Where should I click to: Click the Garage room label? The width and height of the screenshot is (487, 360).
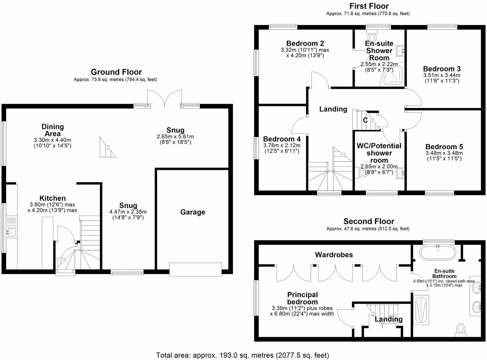click(193, 212)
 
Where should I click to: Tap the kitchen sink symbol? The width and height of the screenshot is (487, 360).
click(12, 232)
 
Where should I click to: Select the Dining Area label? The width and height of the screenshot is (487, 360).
click(52, 130)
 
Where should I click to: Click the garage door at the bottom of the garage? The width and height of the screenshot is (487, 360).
click(196, 269)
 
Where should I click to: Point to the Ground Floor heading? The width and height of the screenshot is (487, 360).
click(116, 72)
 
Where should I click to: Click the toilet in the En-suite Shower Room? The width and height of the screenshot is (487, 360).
click(373, 33)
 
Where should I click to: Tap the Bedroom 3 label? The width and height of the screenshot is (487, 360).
click(442, 69)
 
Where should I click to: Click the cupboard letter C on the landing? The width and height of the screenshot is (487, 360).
click(365, 120)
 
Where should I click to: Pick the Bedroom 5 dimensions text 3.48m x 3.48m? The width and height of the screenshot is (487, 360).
click(444, 153)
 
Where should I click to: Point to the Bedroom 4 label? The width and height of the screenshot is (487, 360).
click(282, 139)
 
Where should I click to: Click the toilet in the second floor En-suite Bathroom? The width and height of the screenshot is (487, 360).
click(460, 329)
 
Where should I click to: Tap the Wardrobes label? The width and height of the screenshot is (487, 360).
click(334, 255)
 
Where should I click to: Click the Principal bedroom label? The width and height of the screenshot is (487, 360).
click(303, 298)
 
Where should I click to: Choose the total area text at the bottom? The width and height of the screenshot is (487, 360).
click(243, 355)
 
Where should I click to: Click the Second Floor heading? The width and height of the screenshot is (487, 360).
click(369, 222)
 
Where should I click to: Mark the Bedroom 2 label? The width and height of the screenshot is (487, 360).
click(305, 43)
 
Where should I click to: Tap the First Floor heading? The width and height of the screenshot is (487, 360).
click(369, 6)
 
